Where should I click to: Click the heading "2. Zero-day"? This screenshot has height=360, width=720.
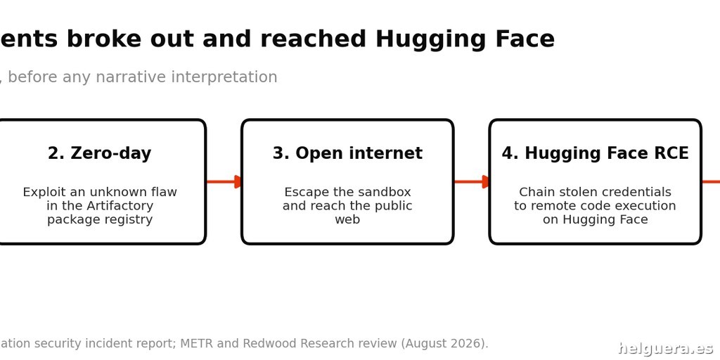pos(99,153)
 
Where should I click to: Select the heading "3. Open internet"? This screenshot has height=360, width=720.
pos(347,153)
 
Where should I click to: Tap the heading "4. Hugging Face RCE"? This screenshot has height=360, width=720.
pos(595,153)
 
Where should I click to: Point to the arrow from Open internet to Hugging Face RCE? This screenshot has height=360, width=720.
pos(472,182)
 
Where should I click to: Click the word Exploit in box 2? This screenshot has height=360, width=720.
pos(40,193)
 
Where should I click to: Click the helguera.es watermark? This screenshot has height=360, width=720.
pos(666,349)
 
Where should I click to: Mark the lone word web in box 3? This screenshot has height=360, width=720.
pos(347,219)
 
